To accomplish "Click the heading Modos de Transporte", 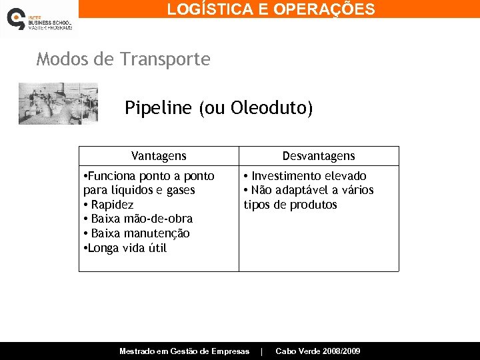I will point(123,59).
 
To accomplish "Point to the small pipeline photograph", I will point(58,103).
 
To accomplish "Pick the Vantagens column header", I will point(159,156).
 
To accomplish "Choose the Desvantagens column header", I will point(319,156).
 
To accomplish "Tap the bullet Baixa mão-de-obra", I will point(141,219).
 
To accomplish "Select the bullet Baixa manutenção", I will point(140,233).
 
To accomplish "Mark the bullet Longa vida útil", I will point(127,248).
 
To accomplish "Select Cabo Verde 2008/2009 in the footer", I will point(318,351).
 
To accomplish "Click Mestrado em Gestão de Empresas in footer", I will point(184,351).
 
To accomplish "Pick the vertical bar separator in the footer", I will point(262,351).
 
